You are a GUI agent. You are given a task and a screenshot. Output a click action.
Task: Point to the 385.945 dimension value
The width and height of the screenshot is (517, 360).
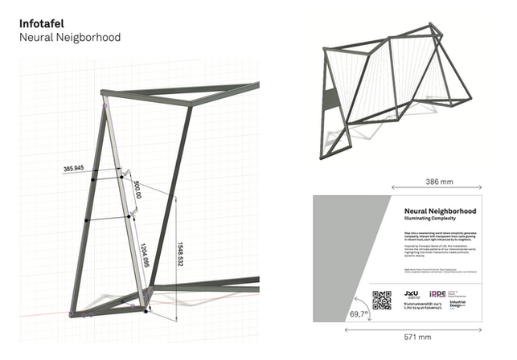click(x=73, y=169)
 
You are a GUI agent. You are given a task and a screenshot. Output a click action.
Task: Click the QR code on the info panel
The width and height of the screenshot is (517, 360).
click(x=382, y=299)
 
